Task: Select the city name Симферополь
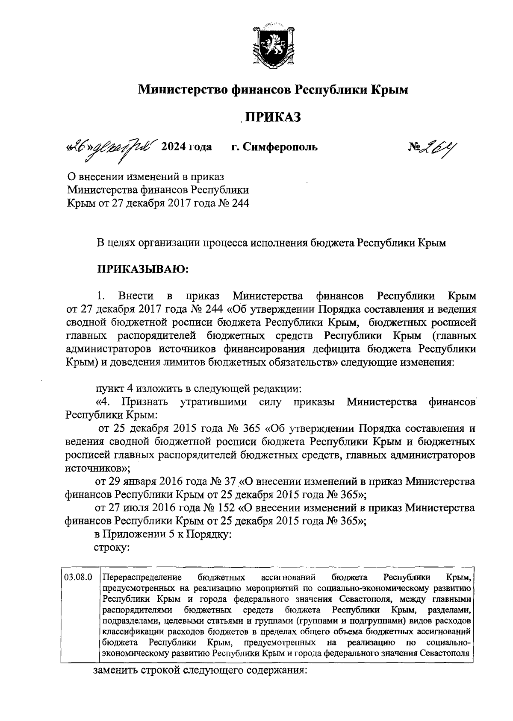[280, 147]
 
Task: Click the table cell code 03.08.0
[78, 577]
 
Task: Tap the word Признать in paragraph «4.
[144, 402]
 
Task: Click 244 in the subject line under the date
[240, 203]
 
